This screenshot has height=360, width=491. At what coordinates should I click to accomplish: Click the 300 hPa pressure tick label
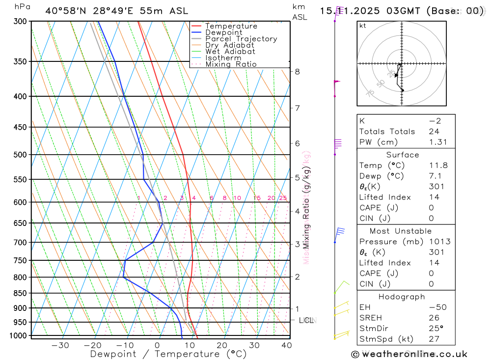pyautogui.click(x=20, y=22)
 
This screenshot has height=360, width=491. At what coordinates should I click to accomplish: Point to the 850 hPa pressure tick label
pyautogui.click(x=20, y=293)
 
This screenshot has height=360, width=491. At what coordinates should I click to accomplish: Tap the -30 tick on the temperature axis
pyautogui.click(x=60, y=345)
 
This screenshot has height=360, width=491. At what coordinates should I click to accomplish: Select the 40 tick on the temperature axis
pyautogui.click(x=287, y=345)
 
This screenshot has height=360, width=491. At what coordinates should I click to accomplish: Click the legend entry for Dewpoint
pyautogui.click(x=224, y=32)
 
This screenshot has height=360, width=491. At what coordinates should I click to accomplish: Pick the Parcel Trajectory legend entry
pyautogui.click(x=241, y=39)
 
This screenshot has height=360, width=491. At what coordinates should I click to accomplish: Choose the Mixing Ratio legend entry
pyautogui.click(x=231, y=64)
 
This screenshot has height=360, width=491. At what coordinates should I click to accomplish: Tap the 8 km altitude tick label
pyautogui.click(x=297, y=71)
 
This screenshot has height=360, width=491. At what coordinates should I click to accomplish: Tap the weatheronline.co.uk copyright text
pyautogui.click(x=409, y=354)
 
